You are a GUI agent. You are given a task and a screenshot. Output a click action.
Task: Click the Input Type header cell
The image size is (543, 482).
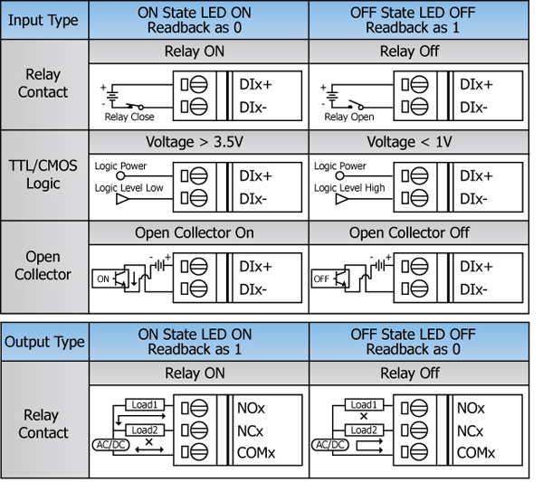point(43,20)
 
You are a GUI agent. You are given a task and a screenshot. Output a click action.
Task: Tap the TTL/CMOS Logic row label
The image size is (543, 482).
point(43,175)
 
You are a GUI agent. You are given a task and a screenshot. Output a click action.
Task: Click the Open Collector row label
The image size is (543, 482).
point(43,266)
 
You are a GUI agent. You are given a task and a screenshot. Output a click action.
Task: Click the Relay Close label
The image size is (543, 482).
point(129,117)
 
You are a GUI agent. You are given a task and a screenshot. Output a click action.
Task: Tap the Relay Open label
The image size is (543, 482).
point(348,117)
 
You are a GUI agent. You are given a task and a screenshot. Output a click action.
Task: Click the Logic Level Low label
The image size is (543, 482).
point(129,188)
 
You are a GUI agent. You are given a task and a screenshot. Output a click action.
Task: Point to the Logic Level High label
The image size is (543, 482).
point(349,188)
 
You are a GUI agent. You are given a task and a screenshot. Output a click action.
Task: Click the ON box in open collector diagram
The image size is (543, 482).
point(103,279)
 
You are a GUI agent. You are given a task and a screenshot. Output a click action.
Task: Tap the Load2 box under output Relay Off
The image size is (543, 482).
point(361,430)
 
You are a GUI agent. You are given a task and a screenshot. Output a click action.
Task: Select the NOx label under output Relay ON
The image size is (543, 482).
point(253,409)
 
